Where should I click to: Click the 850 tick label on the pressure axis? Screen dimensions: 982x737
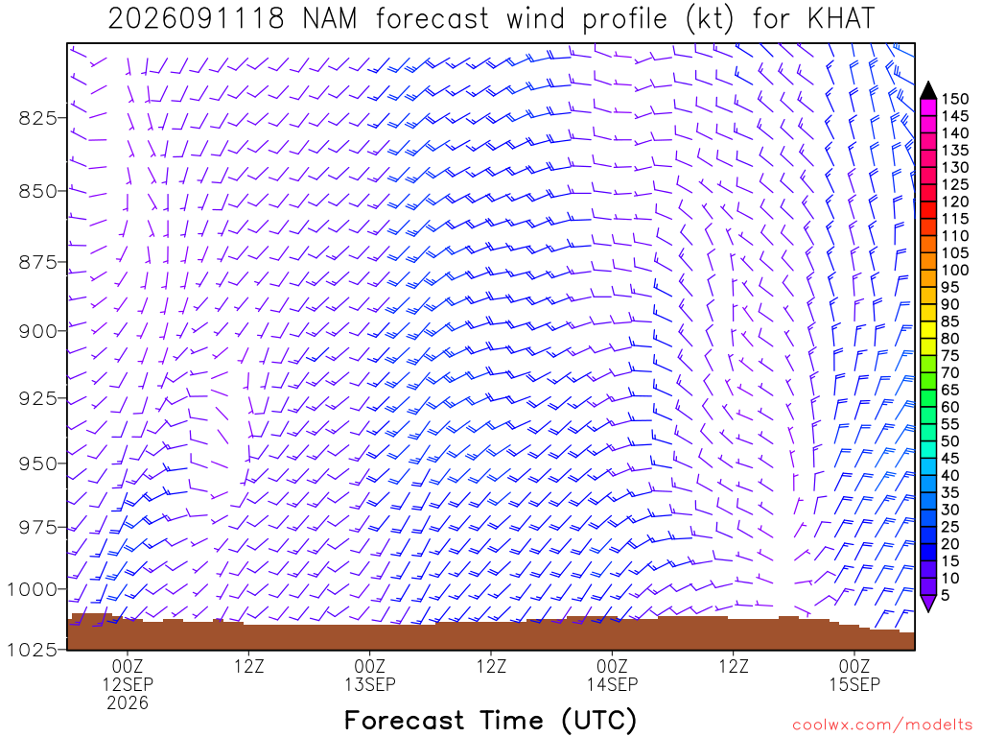click(x=38, y=191)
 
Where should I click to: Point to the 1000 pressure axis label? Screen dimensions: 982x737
click(x=32, y=589)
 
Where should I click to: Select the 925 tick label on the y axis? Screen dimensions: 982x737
click(x=38, y=398)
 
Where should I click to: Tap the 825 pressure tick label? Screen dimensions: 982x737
click(x=38, y=118)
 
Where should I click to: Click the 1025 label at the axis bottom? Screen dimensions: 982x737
click(x=32, y=650)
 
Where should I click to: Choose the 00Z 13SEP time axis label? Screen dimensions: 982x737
click(x=370, y=675)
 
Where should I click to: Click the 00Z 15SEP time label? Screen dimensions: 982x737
click(x=854, y=675)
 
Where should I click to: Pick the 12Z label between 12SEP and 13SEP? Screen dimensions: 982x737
click(x=249, y=666)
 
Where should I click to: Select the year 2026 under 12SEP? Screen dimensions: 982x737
click(x=128, y=703)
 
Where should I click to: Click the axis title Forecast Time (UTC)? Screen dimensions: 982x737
click(x=490, y=720)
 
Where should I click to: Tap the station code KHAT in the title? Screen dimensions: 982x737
click(x=841, y=19)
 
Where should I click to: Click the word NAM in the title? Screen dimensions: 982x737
click(x=330, y=19)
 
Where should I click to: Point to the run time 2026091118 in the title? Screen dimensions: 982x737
click(x=197, y=19)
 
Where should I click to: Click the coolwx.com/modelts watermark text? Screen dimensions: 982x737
click(x=882, y=725)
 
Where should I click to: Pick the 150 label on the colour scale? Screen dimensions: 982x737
click(x=955, y=99)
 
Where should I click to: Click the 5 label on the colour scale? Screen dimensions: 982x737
click(x=946, y=595)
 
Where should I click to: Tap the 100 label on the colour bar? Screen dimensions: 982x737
click(x=955, y=270)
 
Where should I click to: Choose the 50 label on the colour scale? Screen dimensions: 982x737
click(x=950, y=441)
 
